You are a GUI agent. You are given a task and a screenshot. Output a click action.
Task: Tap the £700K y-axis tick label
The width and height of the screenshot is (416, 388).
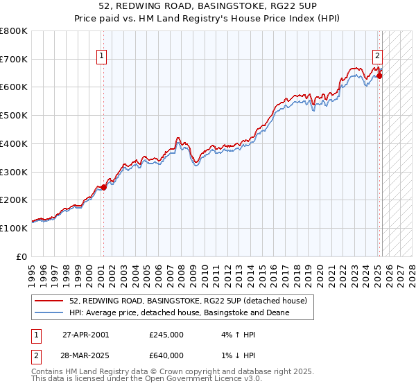[14, 59]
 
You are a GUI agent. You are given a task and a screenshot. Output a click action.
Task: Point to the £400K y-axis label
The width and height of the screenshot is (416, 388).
[14, 143]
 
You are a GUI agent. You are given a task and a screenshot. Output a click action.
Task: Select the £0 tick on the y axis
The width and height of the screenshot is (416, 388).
[22, 256]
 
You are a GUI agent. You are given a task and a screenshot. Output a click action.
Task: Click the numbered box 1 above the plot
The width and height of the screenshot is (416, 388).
[101, 56]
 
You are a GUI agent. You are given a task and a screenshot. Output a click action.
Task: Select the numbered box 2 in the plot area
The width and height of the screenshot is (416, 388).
[376, 56]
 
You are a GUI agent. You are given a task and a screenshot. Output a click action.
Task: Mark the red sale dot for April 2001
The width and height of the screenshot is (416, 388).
[103, 187]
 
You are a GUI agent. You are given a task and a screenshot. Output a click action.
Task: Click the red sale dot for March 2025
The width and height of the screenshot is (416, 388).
[379, 76]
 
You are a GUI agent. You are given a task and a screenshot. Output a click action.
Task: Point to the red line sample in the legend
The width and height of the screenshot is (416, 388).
[49, 301]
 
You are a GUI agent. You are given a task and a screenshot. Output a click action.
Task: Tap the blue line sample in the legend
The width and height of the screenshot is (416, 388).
[49, 312]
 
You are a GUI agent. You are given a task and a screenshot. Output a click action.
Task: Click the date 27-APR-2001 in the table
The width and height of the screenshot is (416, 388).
[86, 334]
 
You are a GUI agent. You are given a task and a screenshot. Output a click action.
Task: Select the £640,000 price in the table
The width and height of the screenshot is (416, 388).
[166, 355]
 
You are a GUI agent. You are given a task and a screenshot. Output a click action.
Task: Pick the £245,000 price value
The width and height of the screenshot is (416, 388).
[166, 334]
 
